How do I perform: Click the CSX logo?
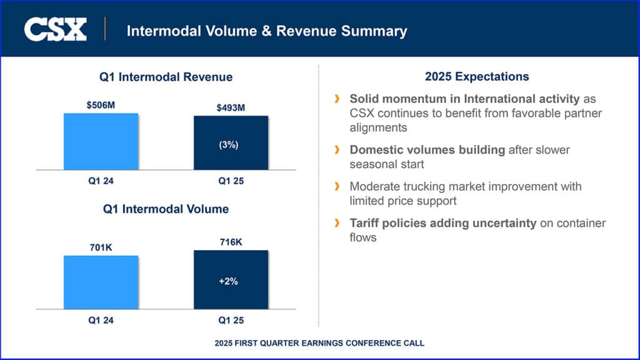[55, 29]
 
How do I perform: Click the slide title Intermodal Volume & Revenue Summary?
[267, 31]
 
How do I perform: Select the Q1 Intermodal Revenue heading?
[166, 77]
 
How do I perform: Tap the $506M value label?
[101, 105]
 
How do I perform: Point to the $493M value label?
[231, 108]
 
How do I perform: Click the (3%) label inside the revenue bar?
[229, 144]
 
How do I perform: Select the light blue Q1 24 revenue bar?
[101, 141]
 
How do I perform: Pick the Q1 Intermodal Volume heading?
[166, 209]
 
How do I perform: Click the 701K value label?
[101, 247]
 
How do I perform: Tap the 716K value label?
[231, 242]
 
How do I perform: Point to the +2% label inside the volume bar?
[228, 281]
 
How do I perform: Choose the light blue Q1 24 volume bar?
[101, 282]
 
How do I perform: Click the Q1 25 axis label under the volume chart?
[231, 320]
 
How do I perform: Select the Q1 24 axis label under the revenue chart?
[101, 181]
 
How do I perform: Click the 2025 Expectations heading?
[476, 77]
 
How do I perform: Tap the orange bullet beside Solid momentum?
[337, 99]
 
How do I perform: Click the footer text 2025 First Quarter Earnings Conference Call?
[319, 343]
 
